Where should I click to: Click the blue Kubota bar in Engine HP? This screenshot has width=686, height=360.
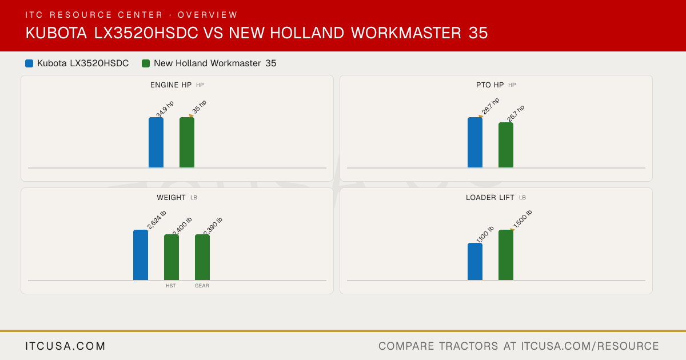pos(156,142)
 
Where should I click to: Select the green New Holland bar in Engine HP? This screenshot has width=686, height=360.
pos(187,142)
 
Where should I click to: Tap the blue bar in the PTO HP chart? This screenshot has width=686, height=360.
pos(475,142)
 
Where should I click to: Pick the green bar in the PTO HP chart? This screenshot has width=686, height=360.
pos(506,145)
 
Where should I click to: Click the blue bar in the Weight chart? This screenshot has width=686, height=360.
pos(141,255)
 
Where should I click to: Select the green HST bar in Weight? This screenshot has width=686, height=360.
pos(171,257)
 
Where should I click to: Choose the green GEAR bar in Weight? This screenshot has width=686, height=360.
pos(202,257)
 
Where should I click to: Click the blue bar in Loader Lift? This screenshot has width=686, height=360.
pos(475,262)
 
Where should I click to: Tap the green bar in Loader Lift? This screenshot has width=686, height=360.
pos(506,255)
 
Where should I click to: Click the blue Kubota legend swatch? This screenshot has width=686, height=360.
pos(29,63)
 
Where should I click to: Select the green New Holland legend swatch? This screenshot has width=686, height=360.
pos(146,63)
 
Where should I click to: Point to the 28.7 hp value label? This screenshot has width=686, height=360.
pos(490,106)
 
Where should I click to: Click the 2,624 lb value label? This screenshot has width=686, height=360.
pos(157,219)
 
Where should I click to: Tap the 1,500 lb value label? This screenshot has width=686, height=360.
pos(523,219)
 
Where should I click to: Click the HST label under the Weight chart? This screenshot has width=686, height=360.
pos(171,286)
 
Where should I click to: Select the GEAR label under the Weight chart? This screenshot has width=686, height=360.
pos(202,286)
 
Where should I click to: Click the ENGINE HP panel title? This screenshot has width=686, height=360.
pos(171,85)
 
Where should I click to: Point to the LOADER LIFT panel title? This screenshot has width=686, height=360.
pos(490,198)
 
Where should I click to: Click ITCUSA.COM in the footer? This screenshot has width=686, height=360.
pos(65,346)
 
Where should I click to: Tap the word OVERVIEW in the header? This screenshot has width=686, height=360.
pos(208,15)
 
